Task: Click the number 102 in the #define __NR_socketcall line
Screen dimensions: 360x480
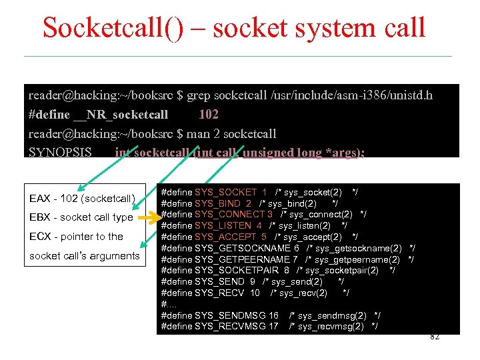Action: coord(209,115)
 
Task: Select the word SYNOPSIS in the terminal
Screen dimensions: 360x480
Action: coord(61,152)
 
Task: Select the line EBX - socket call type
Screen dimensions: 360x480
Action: coord(81,217)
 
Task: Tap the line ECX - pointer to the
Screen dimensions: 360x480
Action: coord(76,237)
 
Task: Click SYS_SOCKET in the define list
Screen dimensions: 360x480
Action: coord(225,192)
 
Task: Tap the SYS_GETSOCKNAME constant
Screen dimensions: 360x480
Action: coord(243,248)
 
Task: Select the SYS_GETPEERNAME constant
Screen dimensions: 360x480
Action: coord(243,259)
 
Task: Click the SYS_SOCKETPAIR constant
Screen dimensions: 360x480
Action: coord(237,270)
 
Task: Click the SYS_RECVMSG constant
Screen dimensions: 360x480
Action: coord(231,326)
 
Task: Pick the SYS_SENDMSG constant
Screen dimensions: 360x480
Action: coord(231,315)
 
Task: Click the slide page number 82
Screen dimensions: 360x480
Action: coord(434,337)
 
